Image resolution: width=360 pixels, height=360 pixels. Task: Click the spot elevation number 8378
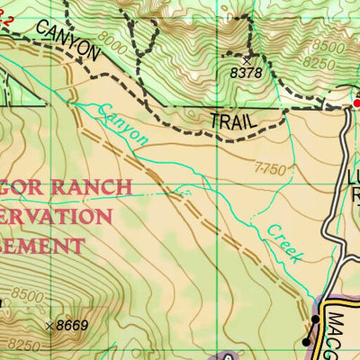[x=245, y=73]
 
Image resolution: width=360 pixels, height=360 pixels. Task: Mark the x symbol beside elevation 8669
[x=49, y=325]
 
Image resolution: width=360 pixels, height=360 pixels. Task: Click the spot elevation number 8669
[x=71, y=325]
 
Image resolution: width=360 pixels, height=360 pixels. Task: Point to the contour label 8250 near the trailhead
[x=319, y=63]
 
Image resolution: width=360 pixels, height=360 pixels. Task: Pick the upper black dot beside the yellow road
[x=316, y=319]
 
